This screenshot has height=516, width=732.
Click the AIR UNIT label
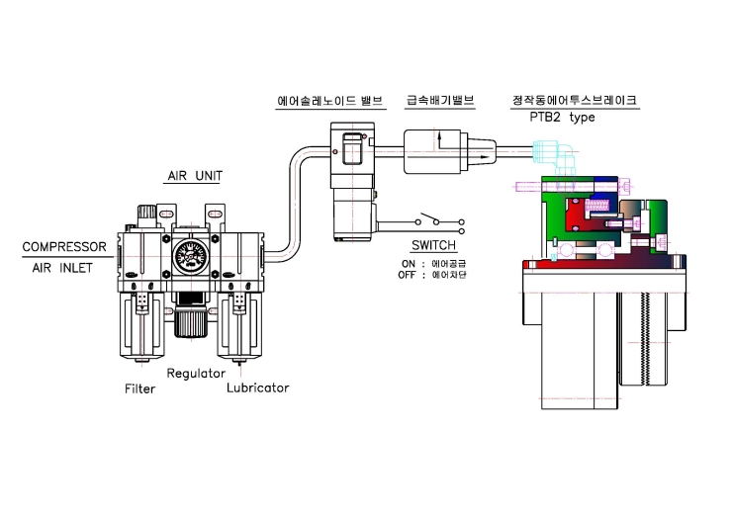[195, 176]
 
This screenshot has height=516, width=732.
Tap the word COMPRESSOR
[64, 247]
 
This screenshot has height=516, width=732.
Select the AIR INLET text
[62, 268]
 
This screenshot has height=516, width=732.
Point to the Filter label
[139, 388]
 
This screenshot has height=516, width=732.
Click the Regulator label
[196, 374]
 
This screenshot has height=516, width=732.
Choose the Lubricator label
[258, 387]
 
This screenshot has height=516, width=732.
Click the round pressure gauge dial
[191, 258]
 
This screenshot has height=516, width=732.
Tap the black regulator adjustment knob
[191, 315]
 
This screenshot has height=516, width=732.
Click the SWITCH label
[433, 245]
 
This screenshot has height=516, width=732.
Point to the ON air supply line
[433, 264]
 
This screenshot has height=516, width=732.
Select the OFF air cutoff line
[432, 275]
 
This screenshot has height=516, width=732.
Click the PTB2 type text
[562, 117]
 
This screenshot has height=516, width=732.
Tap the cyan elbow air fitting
[556, 157]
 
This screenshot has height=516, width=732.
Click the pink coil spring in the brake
[597, 206]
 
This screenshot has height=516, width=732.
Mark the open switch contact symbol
[439, 222]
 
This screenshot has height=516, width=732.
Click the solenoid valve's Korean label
[330, 100]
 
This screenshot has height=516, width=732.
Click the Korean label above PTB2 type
[575, 100]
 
